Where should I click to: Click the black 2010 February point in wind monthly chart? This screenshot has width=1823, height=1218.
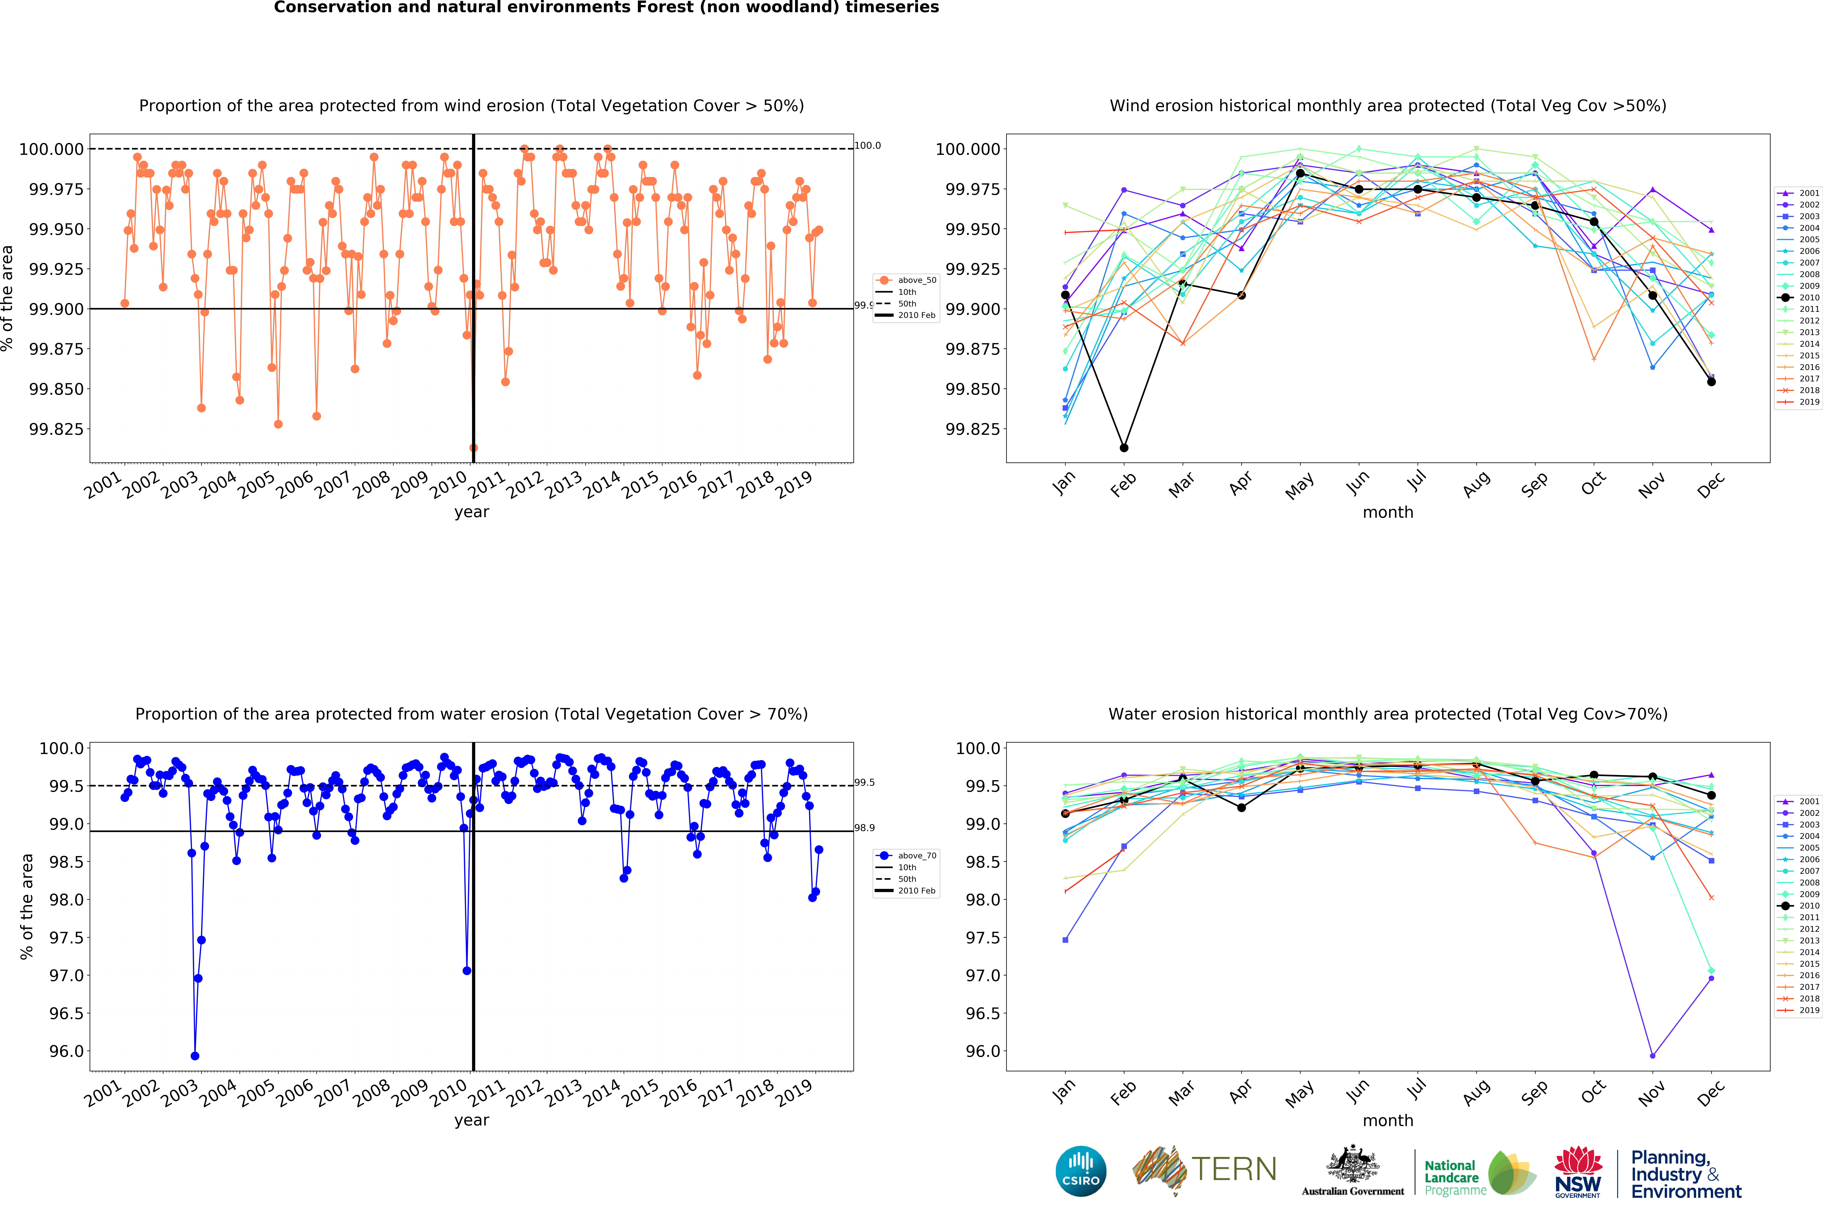coord(1124,447)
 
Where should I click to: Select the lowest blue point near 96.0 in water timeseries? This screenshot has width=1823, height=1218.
coord(195,1056)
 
